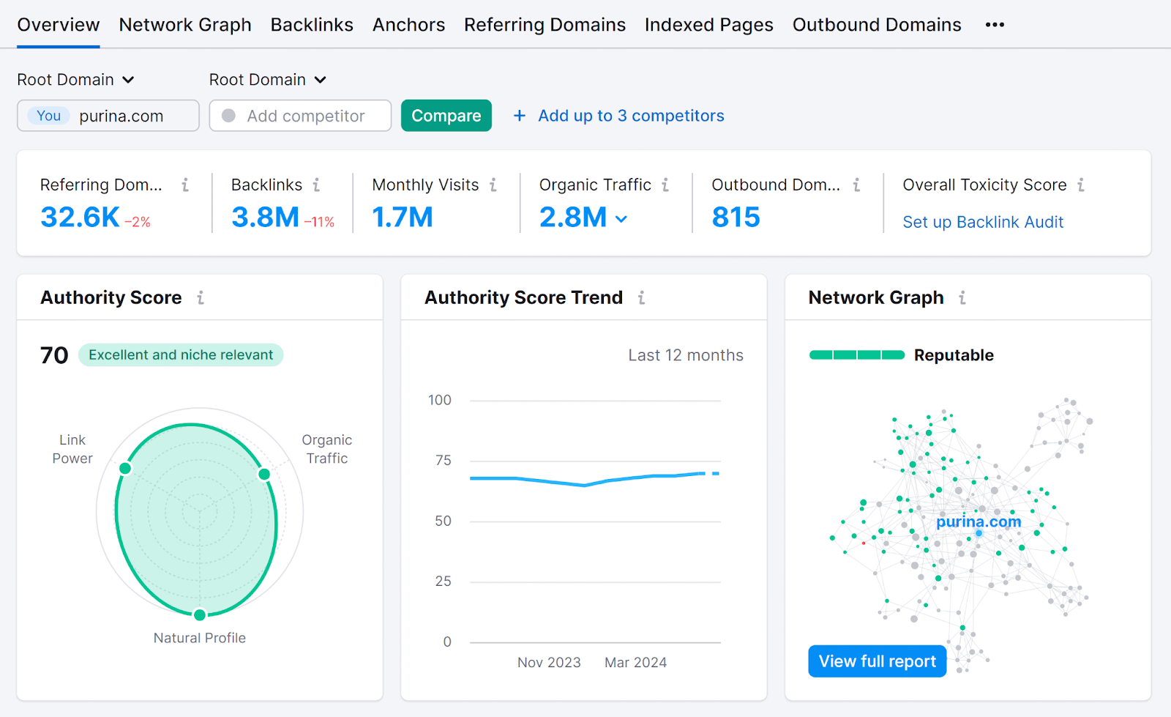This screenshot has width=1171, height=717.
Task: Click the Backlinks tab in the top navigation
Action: pyautogui.click(x=312, y=25)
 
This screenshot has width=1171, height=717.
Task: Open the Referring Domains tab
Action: pyautogui.click(x=545, y=25)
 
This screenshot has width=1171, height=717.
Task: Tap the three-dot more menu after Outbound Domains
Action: pyautogui.click(x=995, y=25)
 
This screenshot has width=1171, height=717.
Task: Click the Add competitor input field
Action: pyautogui.click(x=305, y=116)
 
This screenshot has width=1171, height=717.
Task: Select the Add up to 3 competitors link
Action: pyautogui.click(x=630, y=116)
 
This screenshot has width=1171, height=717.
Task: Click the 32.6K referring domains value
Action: pyautogui.click(x=80, y=218)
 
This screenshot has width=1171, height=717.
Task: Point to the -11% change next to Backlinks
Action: pyautogui.click(x=319, y=222)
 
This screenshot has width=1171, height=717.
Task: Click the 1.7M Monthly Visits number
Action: pyautogui.click(x=403, y=218)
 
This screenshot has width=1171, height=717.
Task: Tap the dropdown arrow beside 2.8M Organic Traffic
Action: pyautogui.click(x=621, y=219)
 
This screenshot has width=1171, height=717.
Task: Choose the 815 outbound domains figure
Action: pyautogui.click(x=736, y=218)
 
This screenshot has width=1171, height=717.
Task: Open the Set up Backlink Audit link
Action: pyautogui.click(x=982, y=222)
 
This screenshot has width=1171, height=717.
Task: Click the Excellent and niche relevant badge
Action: pyautogui.click(x=181, y=355)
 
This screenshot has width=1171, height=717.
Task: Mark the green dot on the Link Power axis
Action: pyautogui.click(x=125, y=468)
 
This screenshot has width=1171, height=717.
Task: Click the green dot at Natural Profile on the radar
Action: pyautogui.click(x=200, y=614)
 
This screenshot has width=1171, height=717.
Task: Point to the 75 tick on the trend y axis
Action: pyautogui.click(x=443, y=461)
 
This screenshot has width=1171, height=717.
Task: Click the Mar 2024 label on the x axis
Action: pyautogui.click(x=635, y=663)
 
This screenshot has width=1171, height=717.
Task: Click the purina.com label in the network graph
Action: pyautogui.click(x=979, y=521)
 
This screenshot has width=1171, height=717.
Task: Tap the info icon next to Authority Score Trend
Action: pyautogui.click(x=641, y=298)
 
